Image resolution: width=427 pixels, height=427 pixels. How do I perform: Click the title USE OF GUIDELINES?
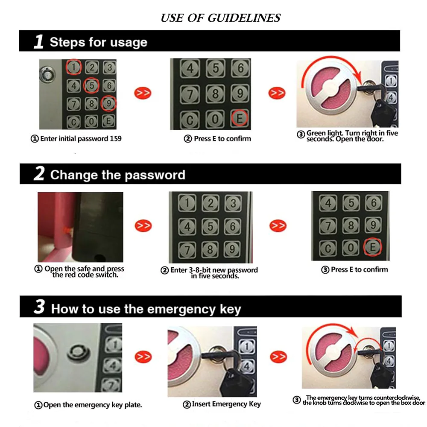tap(220, 18)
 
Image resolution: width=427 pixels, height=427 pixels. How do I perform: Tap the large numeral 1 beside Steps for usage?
tap(39, 42)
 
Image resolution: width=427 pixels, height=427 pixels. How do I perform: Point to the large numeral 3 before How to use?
tap(39, 307)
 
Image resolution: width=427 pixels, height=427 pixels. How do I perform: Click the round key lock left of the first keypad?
tap(47, 75)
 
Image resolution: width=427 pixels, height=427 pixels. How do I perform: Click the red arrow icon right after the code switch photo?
tap(143, 225)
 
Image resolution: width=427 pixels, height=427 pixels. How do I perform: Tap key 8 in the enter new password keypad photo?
tap(210, 248)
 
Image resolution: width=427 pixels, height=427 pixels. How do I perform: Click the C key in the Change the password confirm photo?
tap(328, 247)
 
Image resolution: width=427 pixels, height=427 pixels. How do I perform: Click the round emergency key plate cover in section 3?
tap(76, 352)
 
